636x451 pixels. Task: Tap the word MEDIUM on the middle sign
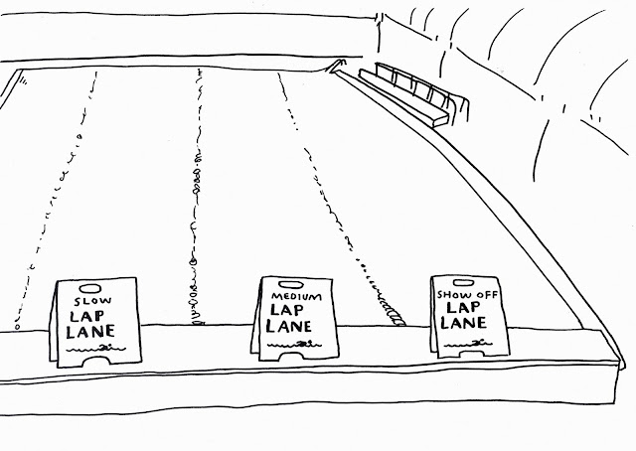point(291,294)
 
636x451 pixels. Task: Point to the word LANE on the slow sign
point(90,334)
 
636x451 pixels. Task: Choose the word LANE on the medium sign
point(293,325)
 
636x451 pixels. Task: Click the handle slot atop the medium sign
point(292,283)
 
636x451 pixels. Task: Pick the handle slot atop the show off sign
point(466,282)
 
